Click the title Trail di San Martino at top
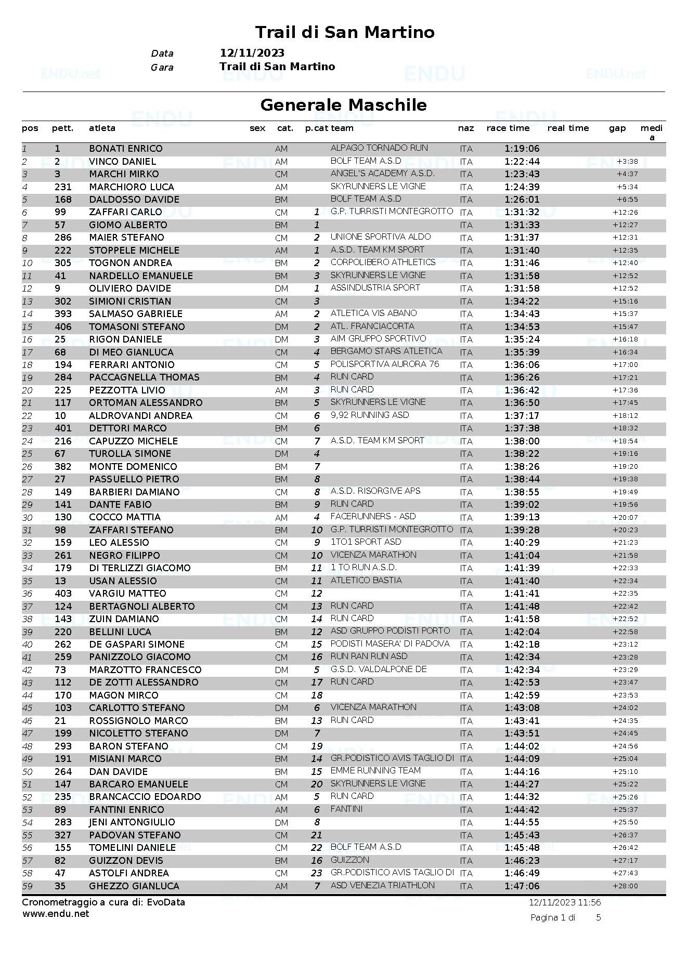pyautogui.click(x=344, y=32)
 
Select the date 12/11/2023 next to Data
pyautogui.click(x=252, y=53)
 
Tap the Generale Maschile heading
pyautogui.click(x=343, y=105)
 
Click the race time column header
pyautogui.click(x=508, y=128)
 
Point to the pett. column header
pyautogui.click(x=62, y=128)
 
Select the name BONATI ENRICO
pyautogui.click(x=125, y=149)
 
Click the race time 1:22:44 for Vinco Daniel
pyautogui.click(x=522, y=162)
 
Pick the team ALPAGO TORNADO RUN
pyautogui.click(x=379, y=148)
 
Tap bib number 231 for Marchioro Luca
pyautogui.click(x=63, y=187)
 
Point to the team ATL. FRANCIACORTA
pyautogui.click(x=372, y=326)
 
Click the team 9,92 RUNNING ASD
pyautogui.click(x=369, y=415)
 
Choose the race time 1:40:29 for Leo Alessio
pyautogui.click(x=522, y=543)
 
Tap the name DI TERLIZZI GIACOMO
pyautogui.click(x=139, y=568)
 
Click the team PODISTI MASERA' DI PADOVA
pyautogui.click(x=390, y=644)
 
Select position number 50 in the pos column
pyautogui.click(x=27, y=772)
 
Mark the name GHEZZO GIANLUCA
pyautogui.click(x=134, y=886)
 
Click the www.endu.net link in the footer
pyautogui.click(x=55, y=914)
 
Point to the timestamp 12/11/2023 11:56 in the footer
pyautogui.click(x=565, y=903)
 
